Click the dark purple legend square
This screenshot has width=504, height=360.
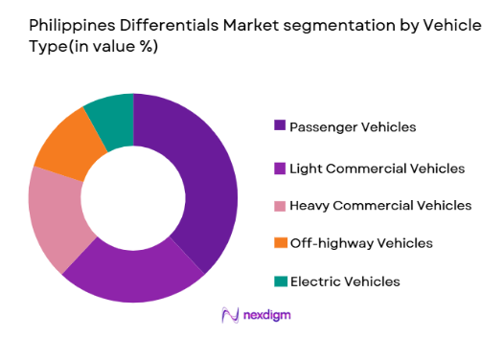coord(280,125)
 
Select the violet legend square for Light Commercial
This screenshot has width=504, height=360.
coord(280,169)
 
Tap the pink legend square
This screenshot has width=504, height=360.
coord(280,205)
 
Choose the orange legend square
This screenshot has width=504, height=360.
coord(280,243)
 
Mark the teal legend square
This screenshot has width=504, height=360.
coord(280,281)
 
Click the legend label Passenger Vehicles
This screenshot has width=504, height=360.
coord(353,125)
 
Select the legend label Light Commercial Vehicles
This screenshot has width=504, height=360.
coord(377,169)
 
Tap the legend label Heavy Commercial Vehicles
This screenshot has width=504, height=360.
coord(379,205)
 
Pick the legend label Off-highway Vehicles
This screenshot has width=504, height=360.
coord(361,243)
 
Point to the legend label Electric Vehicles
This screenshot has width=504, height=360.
coord(344,281)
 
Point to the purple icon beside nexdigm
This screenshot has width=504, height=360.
coord(229,315)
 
